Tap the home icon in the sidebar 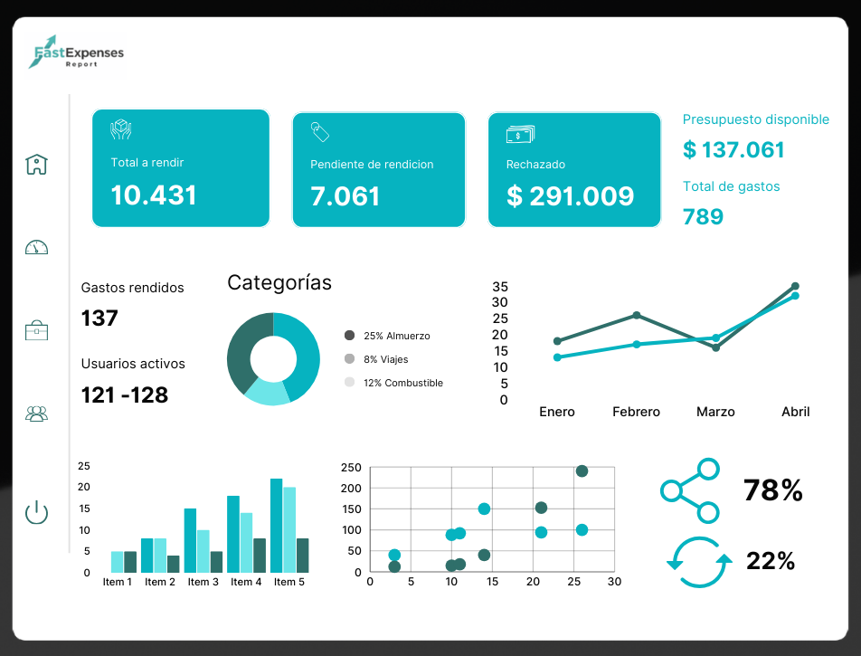tap(36, 164)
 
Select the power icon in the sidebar tap(36, 512)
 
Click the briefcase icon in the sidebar tap(36, 329)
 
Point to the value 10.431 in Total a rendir tap(154, 195)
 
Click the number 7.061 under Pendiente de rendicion tap(345, 195)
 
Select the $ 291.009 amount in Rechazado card tap(570, 195)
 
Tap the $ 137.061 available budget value tap(733, 150)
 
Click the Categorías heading tap(279, 282)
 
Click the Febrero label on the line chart tap(636, 412)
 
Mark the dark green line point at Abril tap(795, 286)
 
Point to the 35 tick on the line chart tap(500, 286)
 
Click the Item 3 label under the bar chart tap(203, 582)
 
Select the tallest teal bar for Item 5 tap(276, 525)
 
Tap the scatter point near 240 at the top tap(582, 471)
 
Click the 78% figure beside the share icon tap(773, 490)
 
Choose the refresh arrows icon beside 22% tap(698, 561)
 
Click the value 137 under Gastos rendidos tap(99, 318)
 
